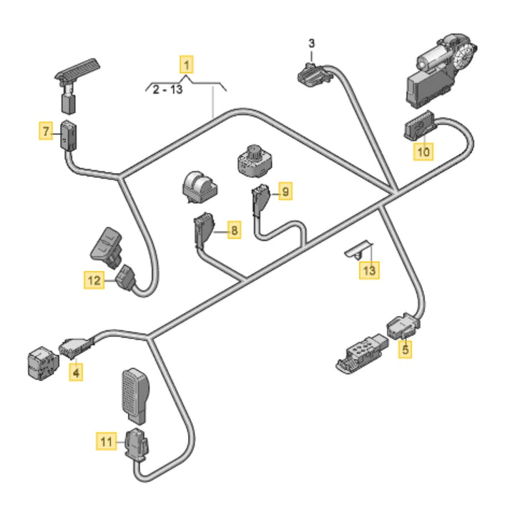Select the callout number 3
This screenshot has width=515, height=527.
point(311,44)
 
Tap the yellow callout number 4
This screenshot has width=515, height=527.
point(75,372)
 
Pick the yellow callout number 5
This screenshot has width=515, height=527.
point(405,350)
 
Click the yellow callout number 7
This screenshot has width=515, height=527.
point(46,131)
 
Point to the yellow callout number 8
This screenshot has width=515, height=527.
point(233,230)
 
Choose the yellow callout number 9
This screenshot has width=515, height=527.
point(285,191)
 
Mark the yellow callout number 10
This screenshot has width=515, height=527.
point(423,152)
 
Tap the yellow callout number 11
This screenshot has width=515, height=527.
point(106,443)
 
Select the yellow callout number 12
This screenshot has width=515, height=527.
point(94,281)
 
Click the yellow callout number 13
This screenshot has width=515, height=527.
point(369,270)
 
